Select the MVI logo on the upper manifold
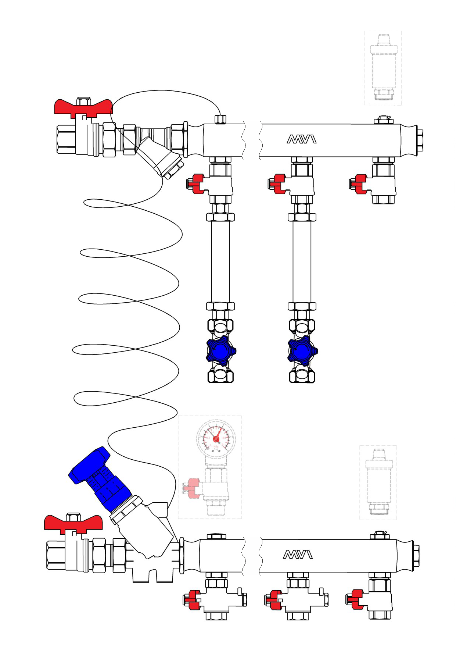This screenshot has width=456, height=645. point(301,139)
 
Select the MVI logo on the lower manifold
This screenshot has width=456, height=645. point(298,555)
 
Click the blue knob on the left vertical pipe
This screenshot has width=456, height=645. point(220,351)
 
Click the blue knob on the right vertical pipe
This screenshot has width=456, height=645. point(302,351)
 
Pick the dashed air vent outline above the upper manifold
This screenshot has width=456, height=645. point(383,68)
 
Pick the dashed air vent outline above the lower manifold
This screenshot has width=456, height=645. point(378,482)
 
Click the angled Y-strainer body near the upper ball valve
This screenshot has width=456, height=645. point(160,158)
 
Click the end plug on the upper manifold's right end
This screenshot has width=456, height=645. point(420,140)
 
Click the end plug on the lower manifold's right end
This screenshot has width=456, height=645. point(416,555)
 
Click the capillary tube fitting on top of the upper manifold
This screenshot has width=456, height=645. point(220,119)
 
